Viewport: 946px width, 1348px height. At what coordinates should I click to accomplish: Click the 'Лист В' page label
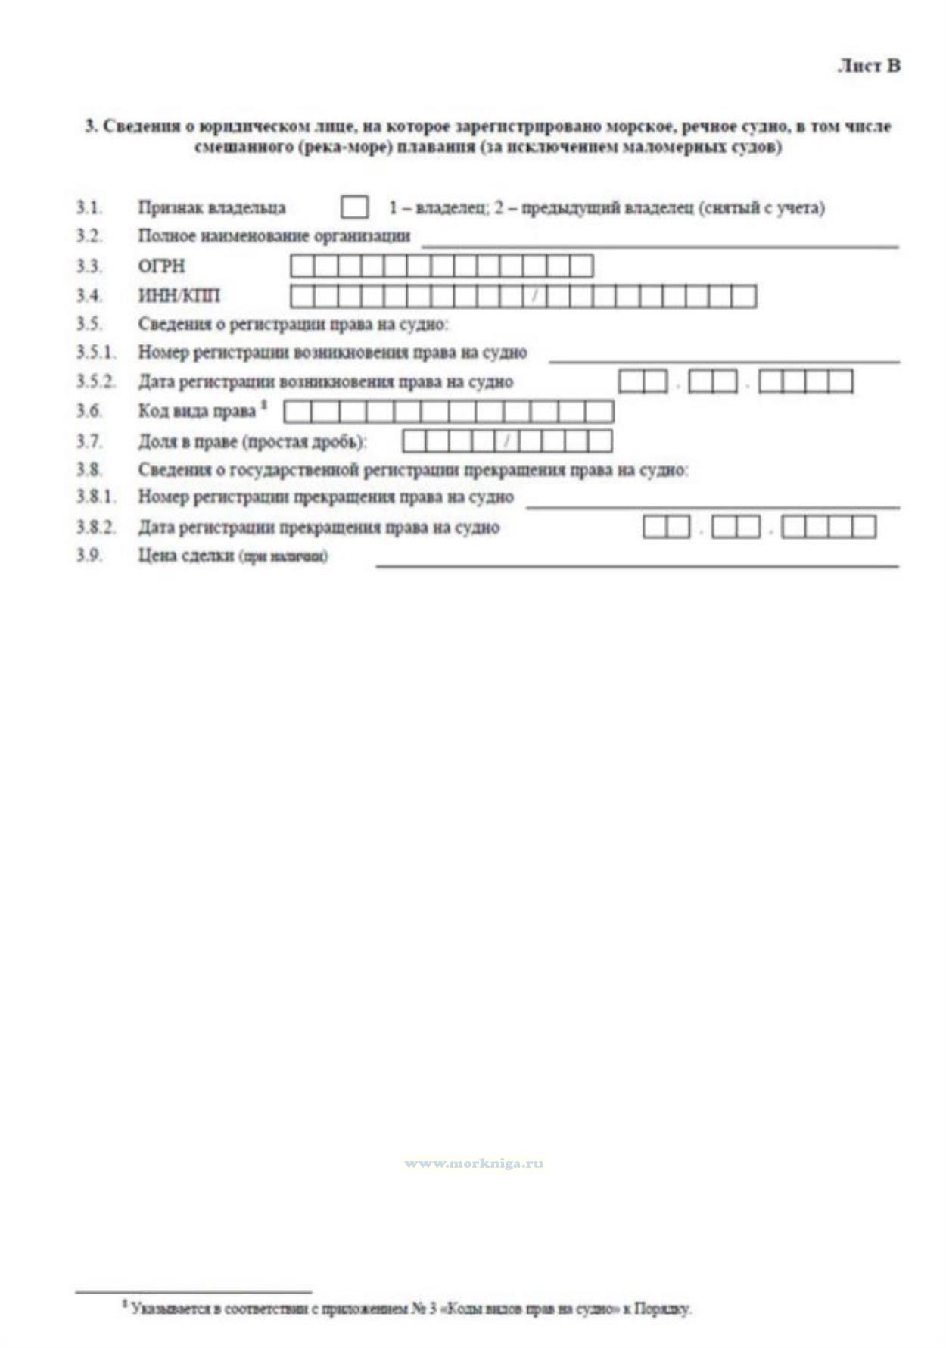point(869,66)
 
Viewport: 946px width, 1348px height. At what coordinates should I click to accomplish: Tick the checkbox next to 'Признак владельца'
point(354,207)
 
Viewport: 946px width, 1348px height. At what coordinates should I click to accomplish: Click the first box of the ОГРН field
point(302,266)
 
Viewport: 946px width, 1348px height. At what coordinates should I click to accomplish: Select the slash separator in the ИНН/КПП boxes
point(534,296)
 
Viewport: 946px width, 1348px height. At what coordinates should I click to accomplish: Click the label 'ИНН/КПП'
point(179,296)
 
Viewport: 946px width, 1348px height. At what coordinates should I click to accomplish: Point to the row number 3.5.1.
point(95,352)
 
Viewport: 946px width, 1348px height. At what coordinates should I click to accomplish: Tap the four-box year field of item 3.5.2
point(805,381)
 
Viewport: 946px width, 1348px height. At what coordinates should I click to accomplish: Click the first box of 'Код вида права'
point(297,412)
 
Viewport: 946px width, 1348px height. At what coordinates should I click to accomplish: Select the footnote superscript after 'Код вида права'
point(264,406)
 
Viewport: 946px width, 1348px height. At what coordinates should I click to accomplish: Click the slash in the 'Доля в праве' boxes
point(507,441)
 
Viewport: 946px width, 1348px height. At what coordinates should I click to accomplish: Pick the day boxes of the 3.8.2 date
point(666,527)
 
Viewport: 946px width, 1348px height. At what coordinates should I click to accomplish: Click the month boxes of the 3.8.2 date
point(736,527)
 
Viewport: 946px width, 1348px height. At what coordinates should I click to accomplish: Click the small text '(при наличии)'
point(284,557)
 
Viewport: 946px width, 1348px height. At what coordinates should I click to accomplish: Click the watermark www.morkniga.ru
point(474,1163)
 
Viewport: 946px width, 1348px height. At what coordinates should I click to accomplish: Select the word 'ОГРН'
point(161,266)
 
